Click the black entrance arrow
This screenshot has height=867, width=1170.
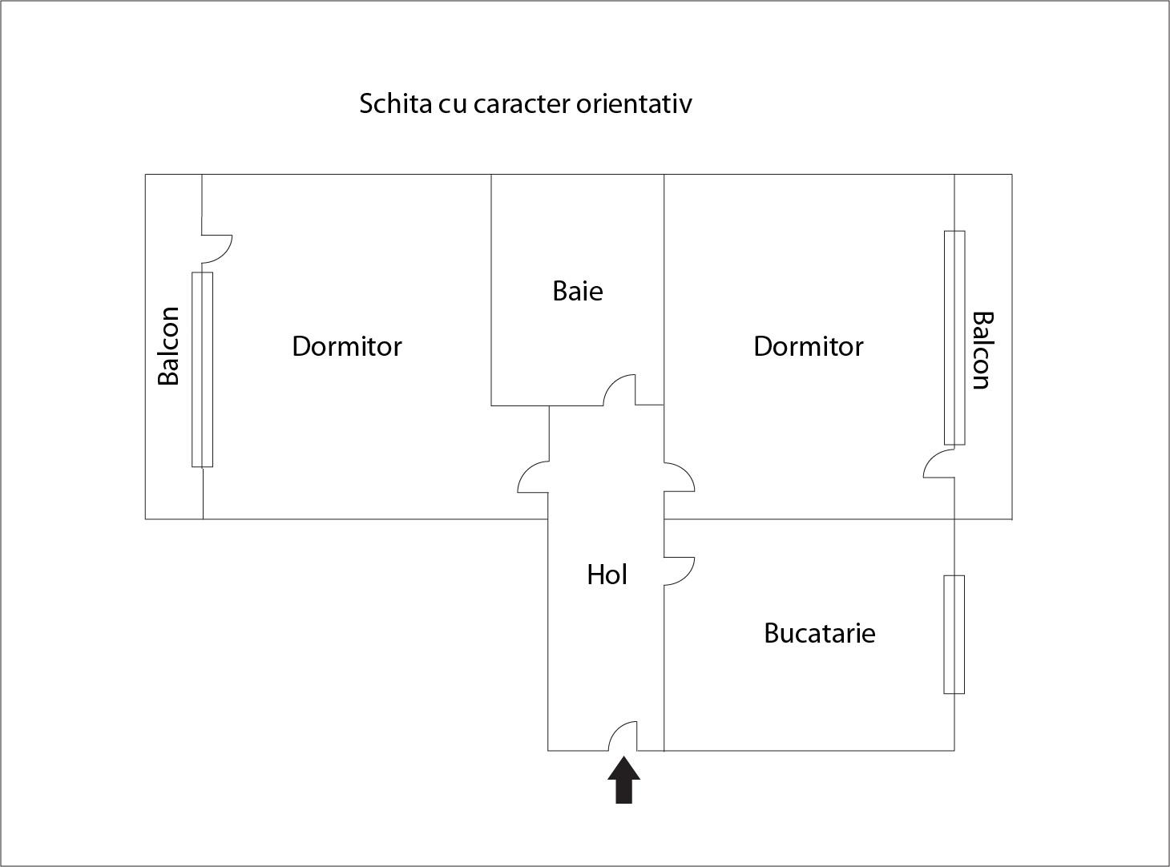(623, 781)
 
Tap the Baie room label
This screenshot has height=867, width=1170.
(577, 291)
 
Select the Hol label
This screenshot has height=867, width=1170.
(607, 575)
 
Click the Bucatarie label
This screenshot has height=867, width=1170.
(819, 633)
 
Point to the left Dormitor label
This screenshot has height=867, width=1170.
(346, 346)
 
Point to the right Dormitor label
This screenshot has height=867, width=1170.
(808, 346)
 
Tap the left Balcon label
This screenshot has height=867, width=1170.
(168, 346)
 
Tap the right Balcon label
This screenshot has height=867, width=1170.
(982, 350)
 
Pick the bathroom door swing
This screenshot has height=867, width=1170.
(619, 391)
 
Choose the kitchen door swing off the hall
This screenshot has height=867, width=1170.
(679, 571)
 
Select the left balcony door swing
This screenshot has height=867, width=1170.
(216, 248)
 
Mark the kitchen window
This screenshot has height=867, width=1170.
(954, 634)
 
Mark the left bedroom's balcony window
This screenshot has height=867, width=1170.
(202, 369)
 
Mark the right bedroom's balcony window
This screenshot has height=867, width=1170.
(954, 337)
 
